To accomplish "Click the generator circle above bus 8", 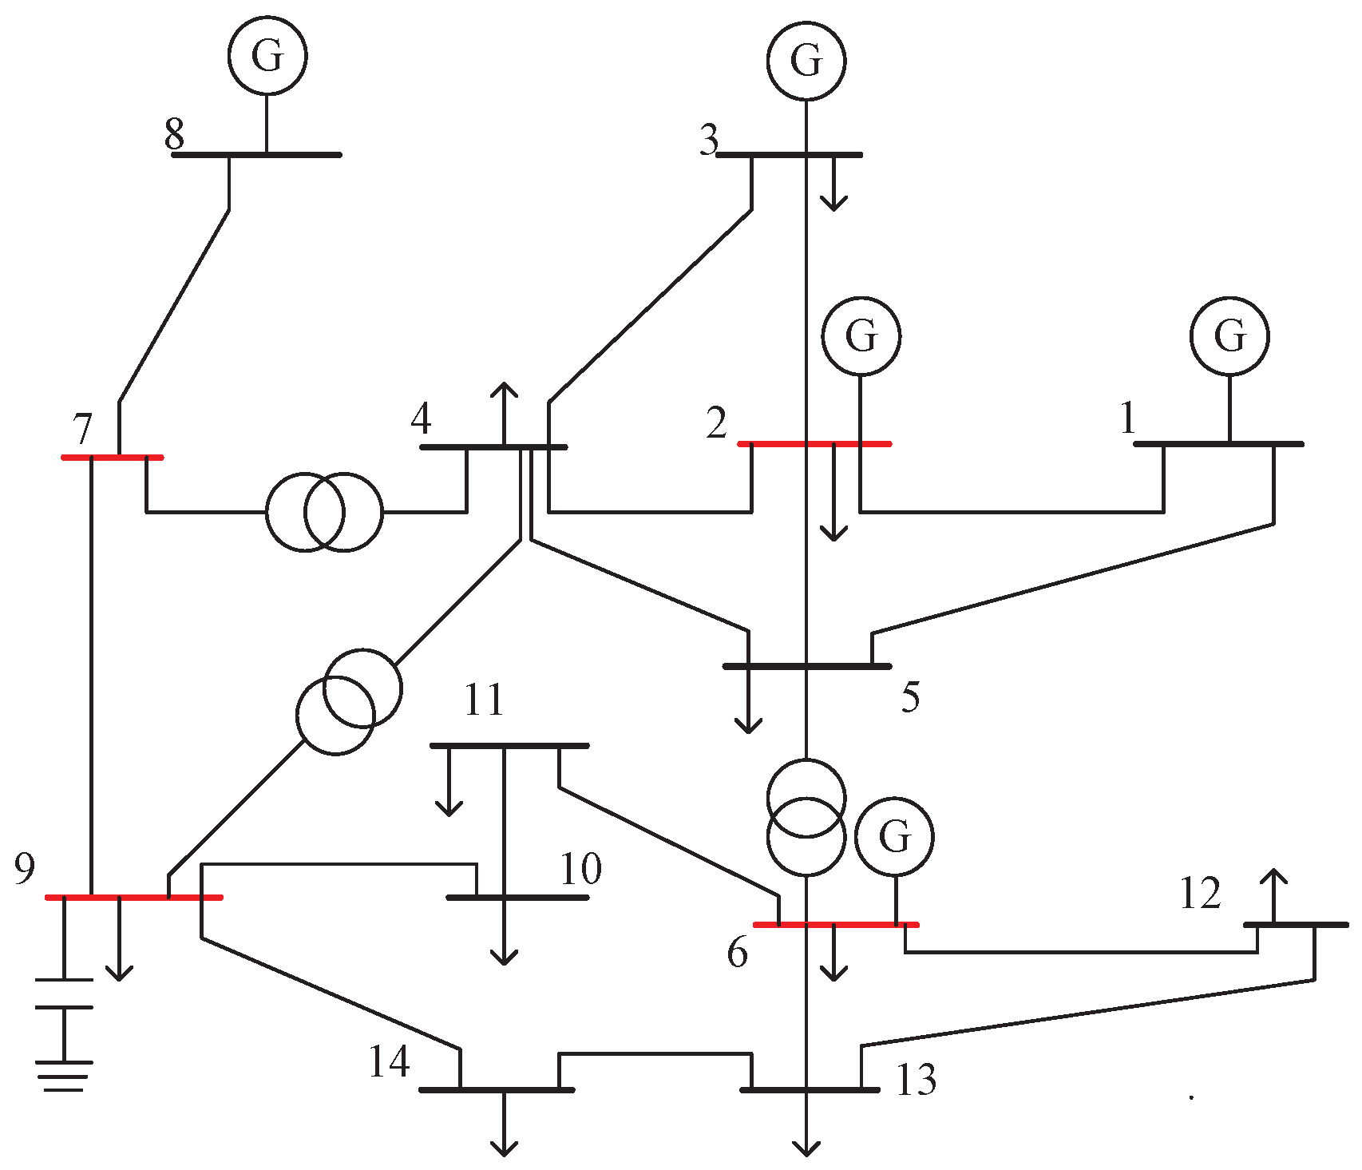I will tap(267, 55).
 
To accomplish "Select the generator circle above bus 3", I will tap(806, 61).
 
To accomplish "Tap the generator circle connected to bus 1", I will tap(1229, 336).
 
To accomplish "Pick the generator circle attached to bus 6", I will tap(894, 836).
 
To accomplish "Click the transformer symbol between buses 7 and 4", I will tap(324, 512).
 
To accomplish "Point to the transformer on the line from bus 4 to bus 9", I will tap(349, 701).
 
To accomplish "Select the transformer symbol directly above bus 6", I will tap(806, 816).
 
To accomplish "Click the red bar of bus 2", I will tap(814, 443).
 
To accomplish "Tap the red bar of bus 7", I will tap(113, 457).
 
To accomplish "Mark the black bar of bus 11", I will tap(509, 745).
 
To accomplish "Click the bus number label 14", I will tap(389, 1062).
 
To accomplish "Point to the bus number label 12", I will tap(1200, 894).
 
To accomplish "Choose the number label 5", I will tap(910, 697).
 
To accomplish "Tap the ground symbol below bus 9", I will tap(64, 1074).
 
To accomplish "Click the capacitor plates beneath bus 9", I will tap(64, 993).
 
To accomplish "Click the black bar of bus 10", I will tap(517, 897).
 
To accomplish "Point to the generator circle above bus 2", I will tap(861, 336).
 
